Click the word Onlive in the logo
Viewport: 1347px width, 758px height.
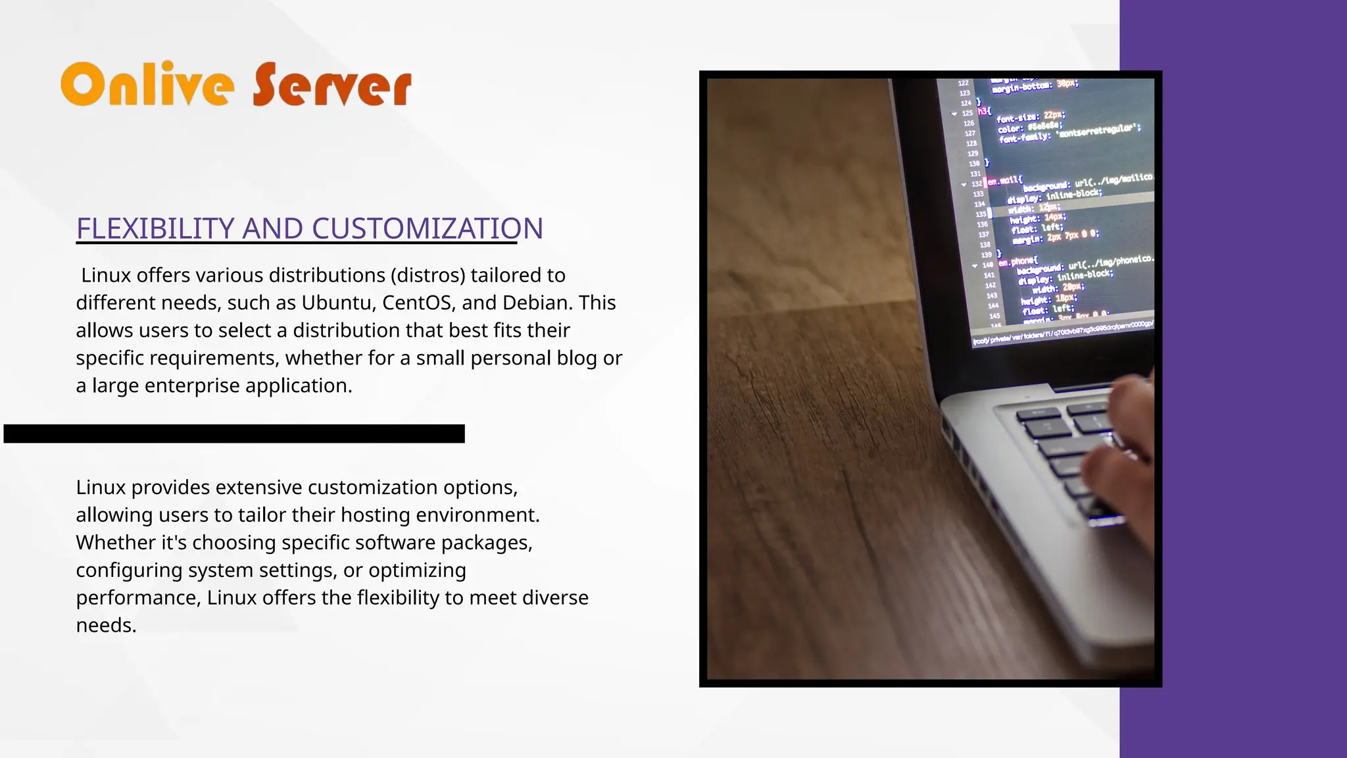coord(147,84)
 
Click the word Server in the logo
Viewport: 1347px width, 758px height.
coord(332,86)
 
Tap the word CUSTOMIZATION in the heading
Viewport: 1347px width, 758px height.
coord(427,228)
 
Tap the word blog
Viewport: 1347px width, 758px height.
coord(577,358)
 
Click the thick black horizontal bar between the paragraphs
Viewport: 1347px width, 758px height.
coord(234,434)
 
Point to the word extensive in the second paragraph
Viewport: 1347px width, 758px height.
coord(258,488)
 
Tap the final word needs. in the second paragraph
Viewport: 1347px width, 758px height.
coord(106,625)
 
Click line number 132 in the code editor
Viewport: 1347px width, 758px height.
coord(977,184)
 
